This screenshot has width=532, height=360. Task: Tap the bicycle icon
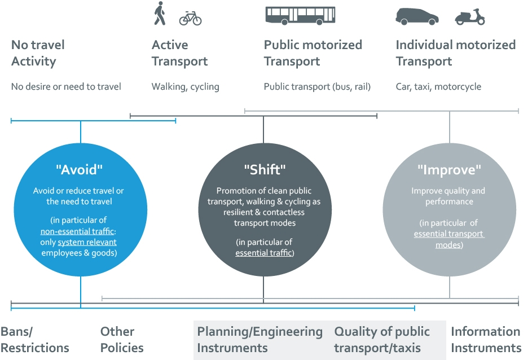[190, 19]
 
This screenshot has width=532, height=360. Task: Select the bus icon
[300, 16]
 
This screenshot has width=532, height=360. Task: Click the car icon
[417, 16]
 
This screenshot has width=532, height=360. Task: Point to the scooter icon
[469, 16]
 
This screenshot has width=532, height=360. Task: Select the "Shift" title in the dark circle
[263, 169]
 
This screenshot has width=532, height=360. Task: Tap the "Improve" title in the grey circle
[449, 169]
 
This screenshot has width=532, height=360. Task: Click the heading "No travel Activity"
[38, 53]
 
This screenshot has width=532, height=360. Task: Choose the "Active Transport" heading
[179, 53]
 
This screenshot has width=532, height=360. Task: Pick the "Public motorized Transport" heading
[313, 53]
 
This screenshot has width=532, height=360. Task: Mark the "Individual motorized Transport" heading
[455, 53]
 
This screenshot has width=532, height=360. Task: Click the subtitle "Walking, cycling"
[185, 87]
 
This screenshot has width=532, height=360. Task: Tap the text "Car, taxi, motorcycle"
[438, 87]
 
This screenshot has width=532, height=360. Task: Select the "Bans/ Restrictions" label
[35, 340]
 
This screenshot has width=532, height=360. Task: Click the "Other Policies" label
[122, 340]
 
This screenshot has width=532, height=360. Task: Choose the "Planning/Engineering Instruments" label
[260, 340]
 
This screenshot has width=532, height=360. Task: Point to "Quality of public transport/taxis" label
[382, 340]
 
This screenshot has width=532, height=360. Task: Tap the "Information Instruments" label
[485, 340]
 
